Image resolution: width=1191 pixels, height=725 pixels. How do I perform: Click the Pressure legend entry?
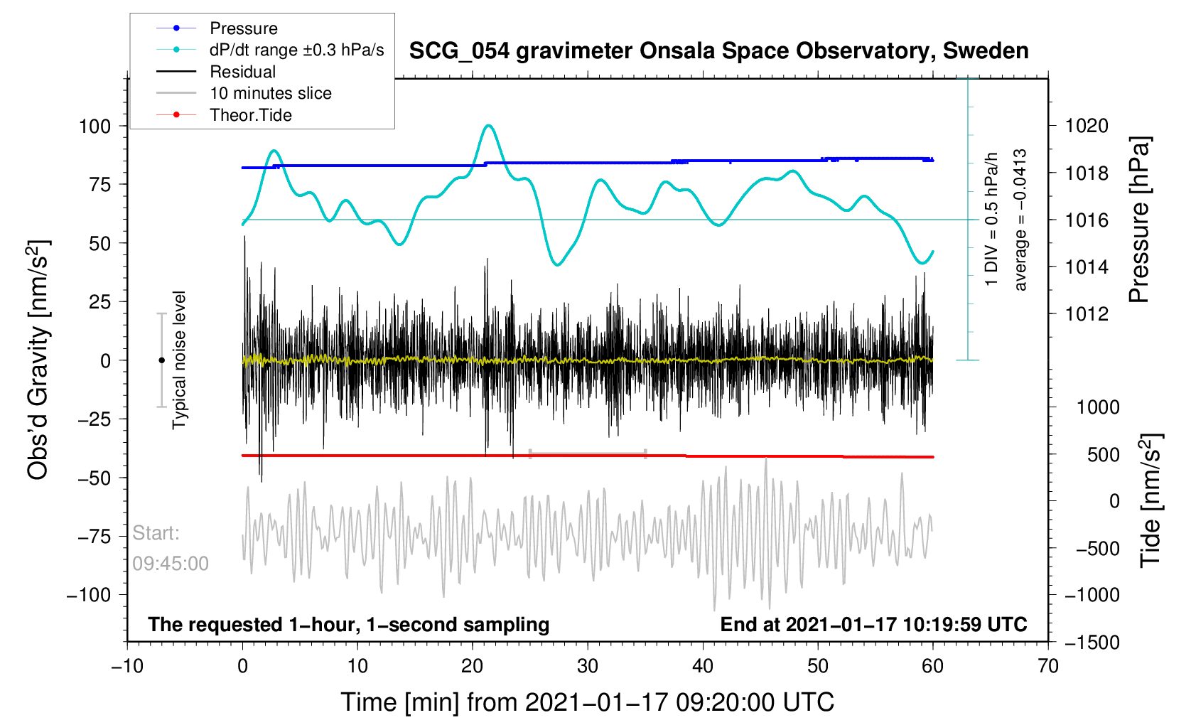pyautogui.click(x=243, y=28)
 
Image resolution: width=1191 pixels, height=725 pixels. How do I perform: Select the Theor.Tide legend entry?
pyautogui.click(x=250, y=115)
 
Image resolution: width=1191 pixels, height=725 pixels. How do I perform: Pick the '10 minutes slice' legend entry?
pyautogui.click(x=270, y=93)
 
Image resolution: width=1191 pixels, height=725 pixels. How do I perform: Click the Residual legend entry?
pyautogui.click(x=242, y=72)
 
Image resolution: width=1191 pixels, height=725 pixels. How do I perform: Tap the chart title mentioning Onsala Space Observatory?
pyautogui.click(x=718, y=51)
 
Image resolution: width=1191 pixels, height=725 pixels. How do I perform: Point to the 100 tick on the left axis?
pyautogui.click(x=95, y=127)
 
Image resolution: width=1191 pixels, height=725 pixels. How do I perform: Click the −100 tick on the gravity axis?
pyautogui.click(x=89, y=595)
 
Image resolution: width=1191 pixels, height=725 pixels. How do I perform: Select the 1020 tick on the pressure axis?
pyautogui.click(x=1087, y=126)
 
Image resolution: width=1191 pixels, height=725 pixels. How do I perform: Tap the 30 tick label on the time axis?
pyautogui.click(x=588, y=666)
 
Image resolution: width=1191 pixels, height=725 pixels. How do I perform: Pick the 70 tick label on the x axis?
pyautogui.click(x=1048, y=666)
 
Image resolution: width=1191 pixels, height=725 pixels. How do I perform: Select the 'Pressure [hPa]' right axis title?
pyautogui.click(x=1138, y=220)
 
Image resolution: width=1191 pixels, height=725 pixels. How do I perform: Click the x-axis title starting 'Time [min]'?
pyautogui.click(x=587, y=702)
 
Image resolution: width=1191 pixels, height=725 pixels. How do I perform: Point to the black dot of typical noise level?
pyautogui.click(x=161, y=360)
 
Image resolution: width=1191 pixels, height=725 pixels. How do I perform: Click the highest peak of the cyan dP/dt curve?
pyautogui.click(x=488, y=126)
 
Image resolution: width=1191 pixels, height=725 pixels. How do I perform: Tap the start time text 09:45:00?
pyautogui.click(x=171, y=564)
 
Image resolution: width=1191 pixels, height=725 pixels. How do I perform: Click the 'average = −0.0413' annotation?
pyautogui.click(x=1020, y=220)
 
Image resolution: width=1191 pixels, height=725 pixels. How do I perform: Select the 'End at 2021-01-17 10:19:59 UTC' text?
pyautogui.click(x=873, y=625)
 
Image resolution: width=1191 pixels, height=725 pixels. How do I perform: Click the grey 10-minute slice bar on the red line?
pyautogui.click(x=588, y=453)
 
